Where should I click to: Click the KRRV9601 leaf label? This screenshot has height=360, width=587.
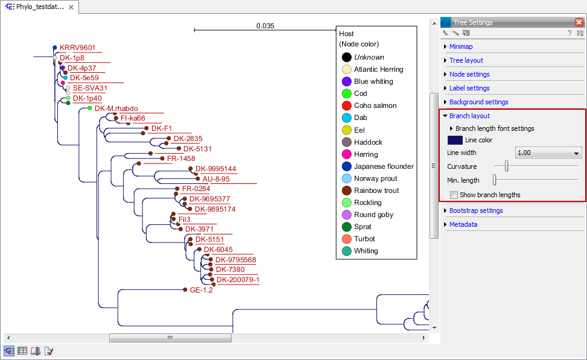pos(77,48)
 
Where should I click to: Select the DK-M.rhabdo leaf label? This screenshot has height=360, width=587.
pos(116,109)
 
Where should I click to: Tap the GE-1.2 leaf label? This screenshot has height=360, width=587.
pos(201,289)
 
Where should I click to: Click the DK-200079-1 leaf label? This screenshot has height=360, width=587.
pos(238,280)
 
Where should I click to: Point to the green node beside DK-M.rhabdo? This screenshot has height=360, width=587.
pos(90,108)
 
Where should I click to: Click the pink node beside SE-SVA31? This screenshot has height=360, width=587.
pos(63,83)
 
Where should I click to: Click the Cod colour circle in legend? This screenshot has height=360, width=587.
pos(346,93)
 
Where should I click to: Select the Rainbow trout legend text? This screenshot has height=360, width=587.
pos(376,191)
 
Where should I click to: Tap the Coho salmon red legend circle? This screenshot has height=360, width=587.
pos(346,106)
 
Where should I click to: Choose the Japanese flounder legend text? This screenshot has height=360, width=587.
pos(384,166)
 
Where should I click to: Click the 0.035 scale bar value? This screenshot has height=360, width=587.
pos(265,26)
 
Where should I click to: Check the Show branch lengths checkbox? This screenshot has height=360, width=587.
pos(454,195)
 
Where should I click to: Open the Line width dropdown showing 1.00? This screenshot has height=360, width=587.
pos(548,153)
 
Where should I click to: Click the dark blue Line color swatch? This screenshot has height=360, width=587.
pos(454,140)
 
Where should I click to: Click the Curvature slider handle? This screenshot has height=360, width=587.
pos(507,166)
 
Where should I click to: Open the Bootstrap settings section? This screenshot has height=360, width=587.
pos(475,210)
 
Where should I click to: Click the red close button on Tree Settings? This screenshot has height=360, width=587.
pos(579,22)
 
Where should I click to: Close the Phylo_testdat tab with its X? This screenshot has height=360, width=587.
pos(71,7)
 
